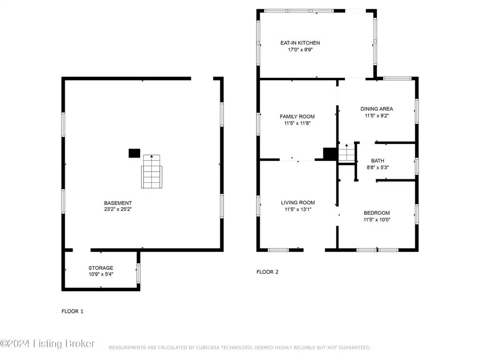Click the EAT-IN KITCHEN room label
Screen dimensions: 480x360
pos(300,43)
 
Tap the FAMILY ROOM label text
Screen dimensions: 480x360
pos(297,116)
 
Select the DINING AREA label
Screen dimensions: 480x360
pos(376,109)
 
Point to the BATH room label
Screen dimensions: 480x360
pos(377,160)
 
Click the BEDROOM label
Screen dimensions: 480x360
pos(376,213)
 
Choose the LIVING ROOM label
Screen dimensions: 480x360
pos(298,202)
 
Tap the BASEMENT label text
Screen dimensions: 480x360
pos(118,203)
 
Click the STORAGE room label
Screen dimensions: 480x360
pos(101,268)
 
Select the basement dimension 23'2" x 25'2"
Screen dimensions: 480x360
pos(118,210)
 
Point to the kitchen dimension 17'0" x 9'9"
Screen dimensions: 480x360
pos(300,50)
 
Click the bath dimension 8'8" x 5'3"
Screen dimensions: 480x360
pos(377,167)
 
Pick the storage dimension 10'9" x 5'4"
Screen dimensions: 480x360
pos(101,274)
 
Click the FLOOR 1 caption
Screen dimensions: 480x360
pos(72,311)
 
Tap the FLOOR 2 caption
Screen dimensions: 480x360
pos(267,272)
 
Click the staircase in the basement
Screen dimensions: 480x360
pos(151,172)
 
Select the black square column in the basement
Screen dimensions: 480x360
pos(135,153)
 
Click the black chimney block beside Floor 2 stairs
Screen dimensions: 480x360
pos(330,154)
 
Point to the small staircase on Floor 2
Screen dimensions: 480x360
pos(346,153)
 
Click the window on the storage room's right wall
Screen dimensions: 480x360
pos(138,273)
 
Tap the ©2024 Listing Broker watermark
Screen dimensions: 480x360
pos(47,344)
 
